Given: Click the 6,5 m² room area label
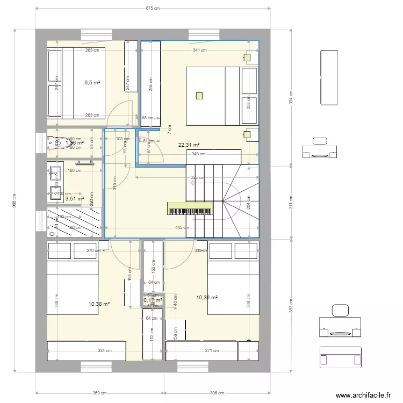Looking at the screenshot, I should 92,83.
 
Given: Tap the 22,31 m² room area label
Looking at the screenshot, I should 189,145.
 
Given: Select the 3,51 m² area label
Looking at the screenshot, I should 74,198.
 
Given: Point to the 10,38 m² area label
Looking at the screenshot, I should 99,304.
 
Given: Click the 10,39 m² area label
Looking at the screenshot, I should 207,297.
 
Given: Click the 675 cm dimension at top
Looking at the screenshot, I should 153,9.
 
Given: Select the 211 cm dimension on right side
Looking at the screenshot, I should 291,205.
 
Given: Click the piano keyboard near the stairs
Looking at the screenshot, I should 190,209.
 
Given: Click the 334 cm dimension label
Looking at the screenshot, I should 104,351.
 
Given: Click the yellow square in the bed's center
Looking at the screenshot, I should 199,96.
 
